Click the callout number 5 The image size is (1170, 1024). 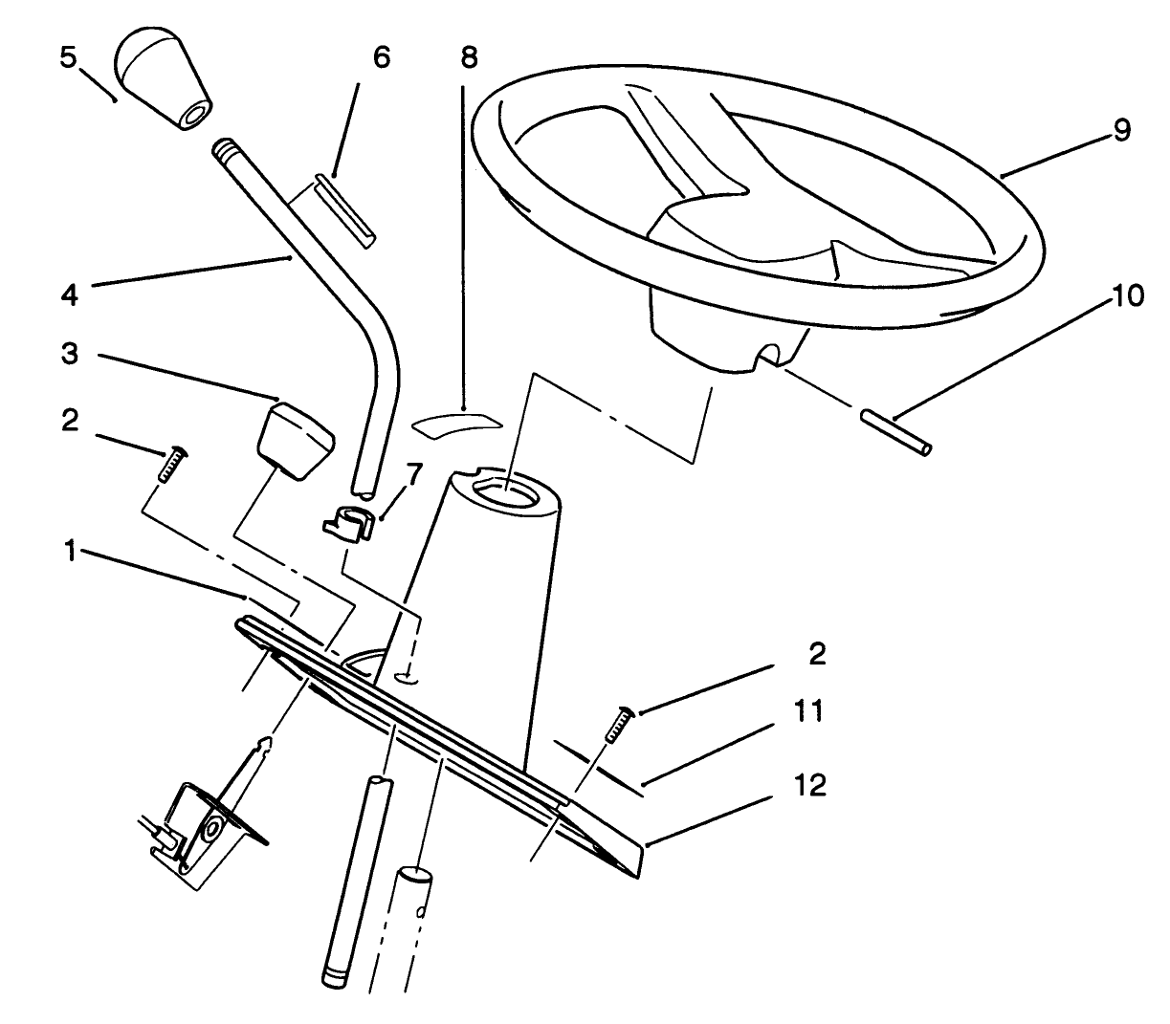(66, 58)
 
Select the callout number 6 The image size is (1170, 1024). (381, 57)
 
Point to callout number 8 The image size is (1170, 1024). (468, 57)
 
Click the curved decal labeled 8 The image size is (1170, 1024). (455, 423)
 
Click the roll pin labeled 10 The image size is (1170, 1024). (895, 433)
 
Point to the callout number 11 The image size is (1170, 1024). (809, 712)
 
